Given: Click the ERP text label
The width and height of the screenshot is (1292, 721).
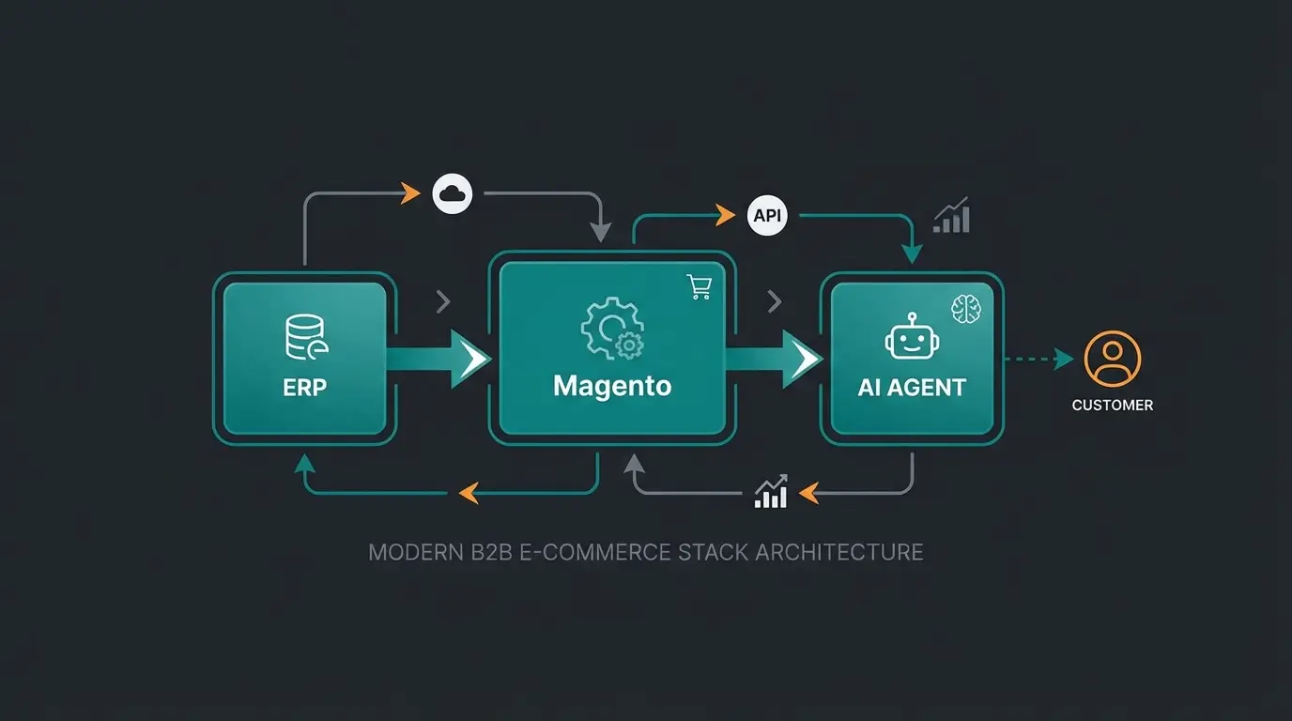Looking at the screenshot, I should [x=305, y=387].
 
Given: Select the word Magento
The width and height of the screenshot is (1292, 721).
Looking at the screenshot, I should [x=612, y=386].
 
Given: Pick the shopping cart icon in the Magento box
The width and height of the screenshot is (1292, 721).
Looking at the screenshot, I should [x=700, y=287].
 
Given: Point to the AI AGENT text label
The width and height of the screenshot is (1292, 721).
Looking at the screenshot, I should [x=912, y=387].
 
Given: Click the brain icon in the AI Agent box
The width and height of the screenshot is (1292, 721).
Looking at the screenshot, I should [x=966, y=309].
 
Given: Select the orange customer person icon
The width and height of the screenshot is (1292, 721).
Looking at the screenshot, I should [x=1113, y=359].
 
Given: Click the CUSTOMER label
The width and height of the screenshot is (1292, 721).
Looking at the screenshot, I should [x=1113, y=406].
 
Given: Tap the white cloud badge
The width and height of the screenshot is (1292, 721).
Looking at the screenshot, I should [x=453, y=193].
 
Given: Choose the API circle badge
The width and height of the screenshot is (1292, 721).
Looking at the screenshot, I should [x=767, y=216].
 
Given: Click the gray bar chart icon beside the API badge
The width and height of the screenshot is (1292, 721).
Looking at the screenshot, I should [x=951, y=216].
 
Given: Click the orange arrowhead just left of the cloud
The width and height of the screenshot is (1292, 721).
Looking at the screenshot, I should [x=409, y=194].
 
